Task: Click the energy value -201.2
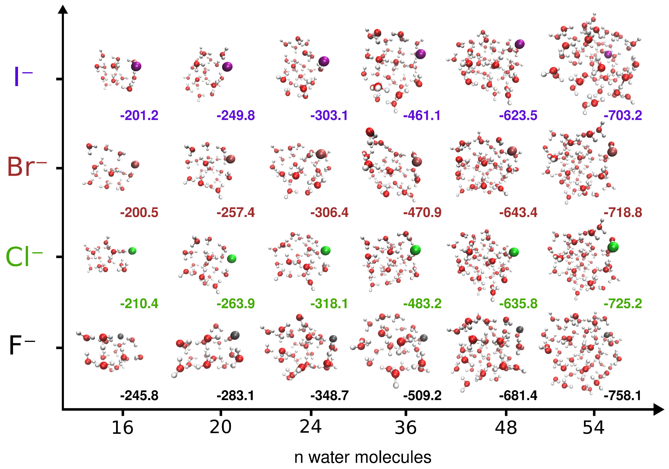pos(139,116)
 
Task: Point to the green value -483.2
pos(422,304)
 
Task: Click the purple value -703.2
pos(623,116)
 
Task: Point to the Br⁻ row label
pos(26,167)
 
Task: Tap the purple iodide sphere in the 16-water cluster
pos(136,66)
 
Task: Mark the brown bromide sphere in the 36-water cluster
pos(417,162)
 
